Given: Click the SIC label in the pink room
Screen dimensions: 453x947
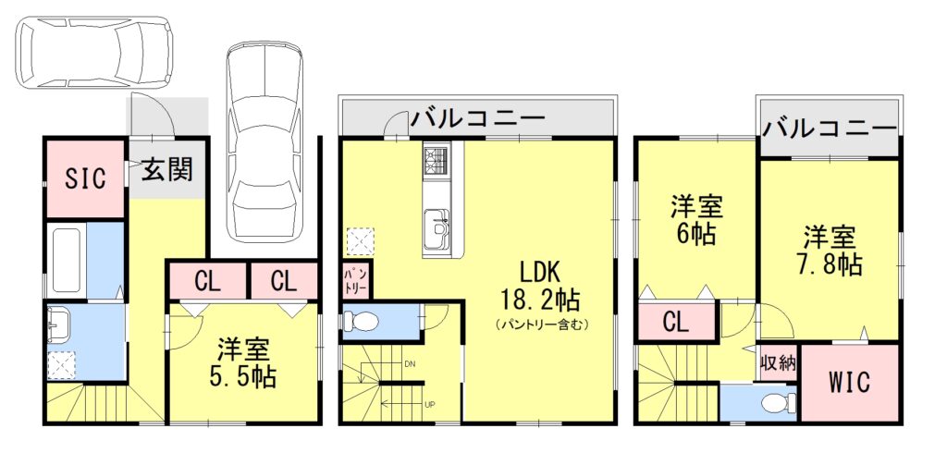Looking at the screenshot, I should point(85,178).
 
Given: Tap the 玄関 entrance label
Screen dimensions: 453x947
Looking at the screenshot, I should point(166,169).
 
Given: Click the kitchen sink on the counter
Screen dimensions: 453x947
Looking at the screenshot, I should point(436,225).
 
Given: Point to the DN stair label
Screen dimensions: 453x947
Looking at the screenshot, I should point(409,364).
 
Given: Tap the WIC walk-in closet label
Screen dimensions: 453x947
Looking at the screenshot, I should point(850,383).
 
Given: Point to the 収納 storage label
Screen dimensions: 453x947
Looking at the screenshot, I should point(778,362).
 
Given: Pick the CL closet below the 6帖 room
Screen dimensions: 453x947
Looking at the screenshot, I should point(676,324).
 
